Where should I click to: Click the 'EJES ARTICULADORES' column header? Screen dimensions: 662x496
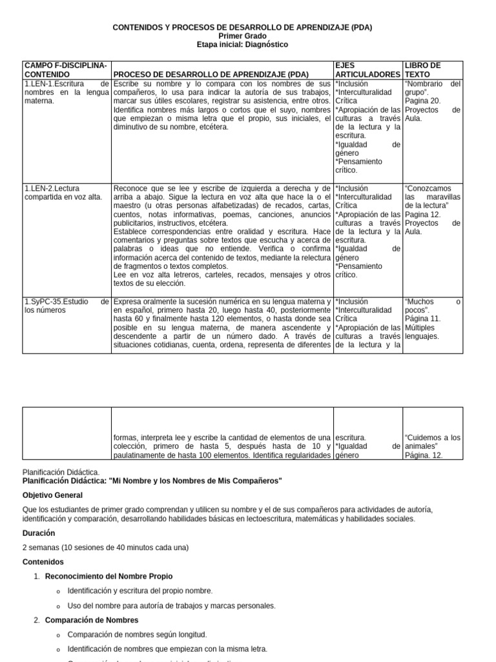tap(367, 70)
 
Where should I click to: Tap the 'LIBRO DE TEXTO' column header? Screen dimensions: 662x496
tap(422, 70)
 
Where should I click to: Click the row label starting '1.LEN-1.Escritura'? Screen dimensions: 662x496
tap(67, 92)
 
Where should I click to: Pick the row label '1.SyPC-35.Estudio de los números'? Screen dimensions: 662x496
tap(67, 305)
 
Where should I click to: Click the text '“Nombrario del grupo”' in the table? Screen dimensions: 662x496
tap(432, 87)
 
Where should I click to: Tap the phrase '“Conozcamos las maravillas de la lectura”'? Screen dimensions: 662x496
tap(432, 197)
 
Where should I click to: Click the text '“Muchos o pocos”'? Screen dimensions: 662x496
tap(432, 305)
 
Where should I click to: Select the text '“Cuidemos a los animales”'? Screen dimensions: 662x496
tap(432, 442)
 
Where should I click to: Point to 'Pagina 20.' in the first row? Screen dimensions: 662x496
tap(422, 101)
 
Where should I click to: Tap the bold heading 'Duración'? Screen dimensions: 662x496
tap(39, 533)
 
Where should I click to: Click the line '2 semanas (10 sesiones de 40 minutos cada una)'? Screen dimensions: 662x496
tap(105, 547)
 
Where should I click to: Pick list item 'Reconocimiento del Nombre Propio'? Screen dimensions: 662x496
tap(108, 576)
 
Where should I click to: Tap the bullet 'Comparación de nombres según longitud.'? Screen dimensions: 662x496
tap(137, 634)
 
